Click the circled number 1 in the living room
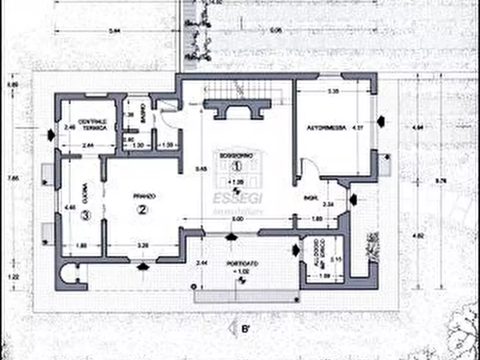click(234, 165)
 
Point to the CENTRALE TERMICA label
click(92, 125)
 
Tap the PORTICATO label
click(242, 264)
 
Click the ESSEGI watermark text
click(240, 198)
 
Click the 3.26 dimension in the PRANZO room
click(143, 246)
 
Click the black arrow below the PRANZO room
click(143, 267)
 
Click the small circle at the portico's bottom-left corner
click(194, 287)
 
